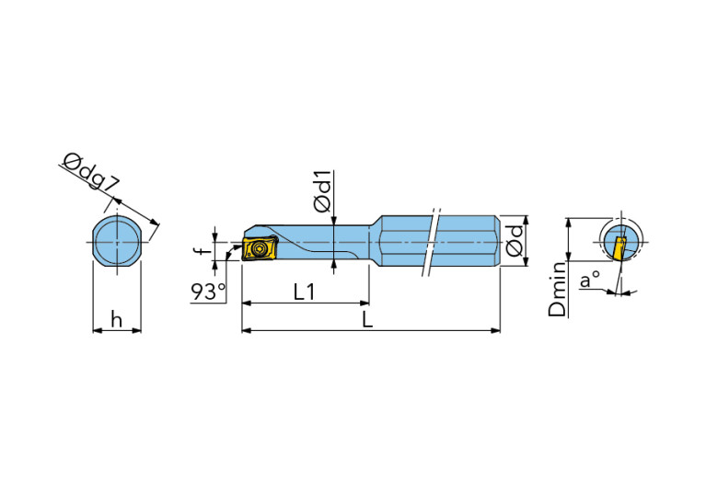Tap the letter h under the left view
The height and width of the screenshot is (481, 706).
click(116, 318)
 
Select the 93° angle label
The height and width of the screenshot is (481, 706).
click(208, 292)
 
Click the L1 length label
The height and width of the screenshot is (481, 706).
click(305, 292)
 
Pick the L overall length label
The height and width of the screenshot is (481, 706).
click(367, 319)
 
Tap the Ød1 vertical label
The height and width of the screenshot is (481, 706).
click(323, 193)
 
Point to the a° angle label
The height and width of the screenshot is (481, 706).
click(589, 279)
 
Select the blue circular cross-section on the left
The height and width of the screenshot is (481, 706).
click(118, 242)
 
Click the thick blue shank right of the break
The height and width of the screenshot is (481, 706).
click(469, 242)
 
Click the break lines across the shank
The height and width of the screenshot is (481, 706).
click(432, 242)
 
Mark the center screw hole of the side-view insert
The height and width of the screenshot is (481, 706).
click(258, 248)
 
